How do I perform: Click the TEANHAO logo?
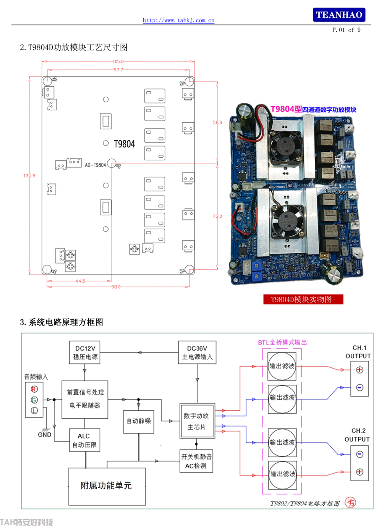coord(339,15)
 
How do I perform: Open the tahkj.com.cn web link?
coord(178,20)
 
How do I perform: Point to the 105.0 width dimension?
coord(118,62)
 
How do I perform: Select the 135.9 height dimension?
coord(29,176)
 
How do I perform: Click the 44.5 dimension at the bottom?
coord(80,281)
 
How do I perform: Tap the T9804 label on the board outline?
coord(124,144)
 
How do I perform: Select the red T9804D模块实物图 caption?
coord(303,299)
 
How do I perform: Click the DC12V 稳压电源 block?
coord(85,353)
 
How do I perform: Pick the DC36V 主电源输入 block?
coord(197,353)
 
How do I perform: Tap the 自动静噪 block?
coord(139,421)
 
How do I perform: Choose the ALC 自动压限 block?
coord(84,440)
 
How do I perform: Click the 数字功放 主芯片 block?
coord(197,421)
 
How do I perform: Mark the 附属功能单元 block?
coord(107,486)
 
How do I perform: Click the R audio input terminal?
coord(34,389)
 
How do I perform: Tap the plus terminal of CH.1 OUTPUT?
coord(359,370)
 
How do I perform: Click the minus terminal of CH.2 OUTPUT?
coord(359,454)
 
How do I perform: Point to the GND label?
coord(45,435)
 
